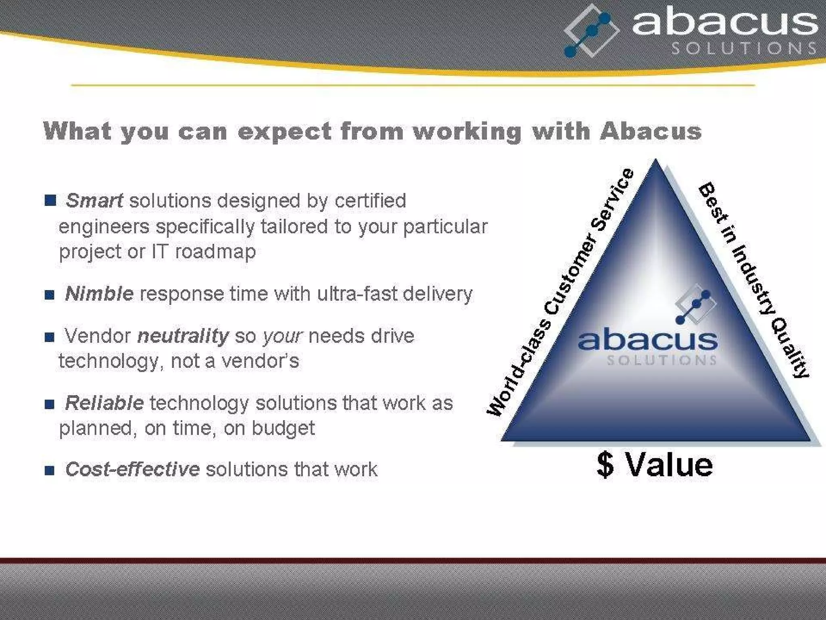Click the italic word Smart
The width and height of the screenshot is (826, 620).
(94, 201)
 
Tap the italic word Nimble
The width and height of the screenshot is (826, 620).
(99, 293)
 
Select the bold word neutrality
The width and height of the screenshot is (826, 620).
(183, 336)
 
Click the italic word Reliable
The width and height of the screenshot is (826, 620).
(104, 403)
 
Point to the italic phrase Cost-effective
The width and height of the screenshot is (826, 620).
(132, 469)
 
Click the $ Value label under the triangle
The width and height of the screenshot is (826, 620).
(655, 465)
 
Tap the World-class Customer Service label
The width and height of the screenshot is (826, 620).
(561, 292)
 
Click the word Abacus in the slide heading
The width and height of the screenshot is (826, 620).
(651, 131)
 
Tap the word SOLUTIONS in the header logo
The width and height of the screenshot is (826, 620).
(744, 48)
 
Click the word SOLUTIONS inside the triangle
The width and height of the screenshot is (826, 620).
(661, 360)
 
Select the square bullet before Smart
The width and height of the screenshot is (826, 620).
(50, 200)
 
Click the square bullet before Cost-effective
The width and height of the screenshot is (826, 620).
(50, 470)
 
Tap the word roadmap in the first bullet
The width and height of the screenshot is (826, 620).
(215, 251)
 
